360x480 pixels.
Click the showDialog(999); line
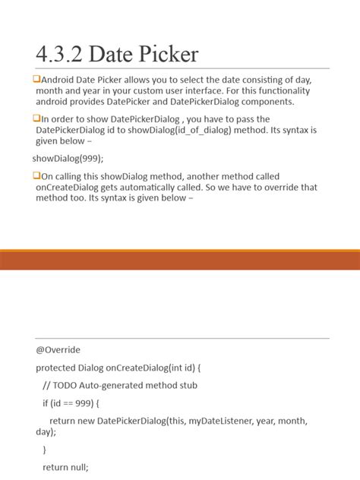[68, 158]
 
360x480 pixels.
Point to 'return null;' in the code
[66, 467]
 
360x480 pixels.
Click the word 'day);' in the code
[46, 431]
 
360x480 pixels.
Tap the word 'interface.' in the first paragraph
[192, 90]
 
